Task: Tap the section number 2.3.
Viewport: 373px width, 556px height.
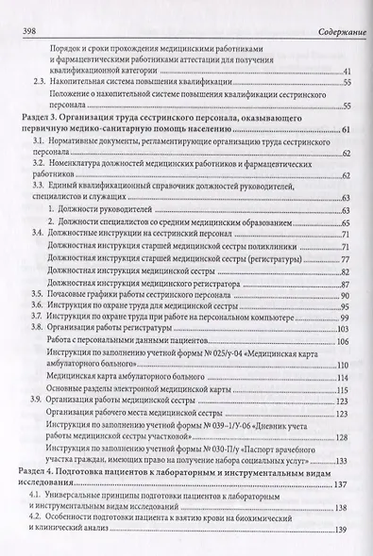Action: click(38, 83)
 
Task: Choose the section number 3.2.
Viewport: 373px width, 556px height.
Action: click(38, 165)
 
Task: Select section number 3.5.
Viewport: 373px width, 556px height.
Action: click(38, 297)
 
